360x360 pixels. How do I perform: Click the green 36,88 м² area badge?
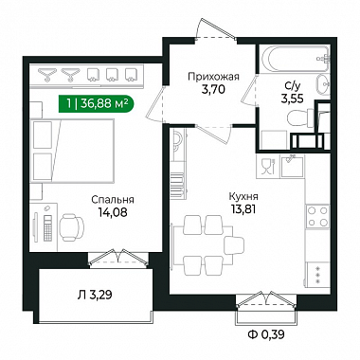click(96, 103)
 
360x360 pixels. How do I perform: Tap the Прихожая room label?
click(213, 77)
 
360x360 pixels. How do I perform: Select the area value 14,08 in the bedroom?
click(113, 212)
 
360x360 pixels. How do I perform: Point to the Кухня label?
click(243, 196)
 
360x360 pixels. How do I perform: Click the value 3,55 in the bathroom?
click(293, 99)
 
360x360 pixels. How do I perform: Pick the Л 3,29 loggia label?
click(95, 295)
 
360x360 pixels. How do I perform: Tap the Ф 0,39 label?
click(266, 334)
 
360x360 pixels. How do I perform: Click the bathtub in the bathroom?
click(295, 59)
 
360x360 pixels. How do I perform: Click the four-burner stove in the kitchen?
click(317, 216)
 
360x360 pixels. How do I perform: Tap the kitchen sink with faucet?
click(292, 166)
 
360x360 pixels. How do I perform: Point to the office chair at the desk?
click(72, 225)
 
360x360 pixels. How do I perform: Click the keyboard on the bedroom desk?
click(47, 227)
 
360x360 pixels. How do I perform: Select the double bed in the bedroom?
click(72, 151)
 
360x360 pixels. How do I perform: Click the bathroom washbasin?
click(323, 84)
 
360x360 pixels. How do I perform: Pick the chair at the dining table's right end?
click(234, 245)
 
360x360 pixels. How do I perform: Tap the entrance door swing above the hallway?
click(216, 30)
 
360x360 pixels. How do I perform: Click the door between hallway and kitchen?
click(214, 134)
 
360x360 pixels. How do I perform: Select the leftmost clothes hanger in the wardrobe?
click(47, 75)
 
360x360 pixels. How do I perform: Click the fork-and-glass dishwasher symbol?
click(268, 166)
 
